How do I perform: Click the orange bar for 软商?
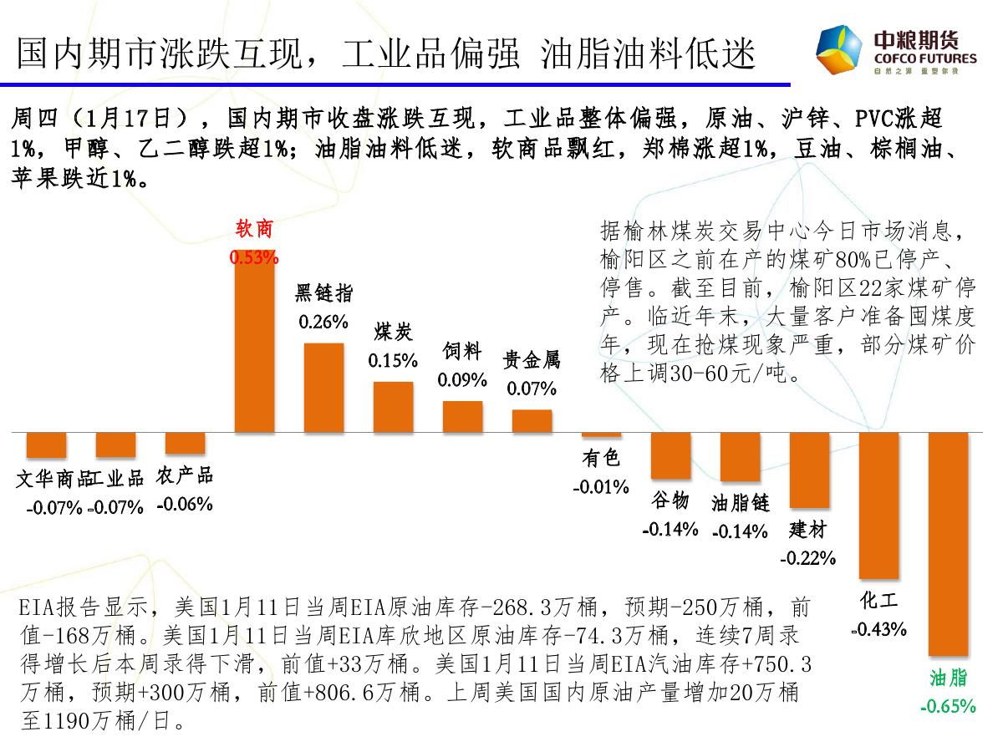click(254, 343)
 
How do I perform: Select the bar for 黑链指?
click(323, 388)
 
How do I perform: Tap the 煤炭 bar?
click(393, 407)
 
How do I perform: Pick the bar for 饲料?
click(462, 417)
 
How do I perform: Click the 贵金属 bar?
click(532, 421)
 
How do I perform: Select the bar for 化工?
click(879, 506)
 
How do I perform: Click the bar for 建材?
click(809, 470)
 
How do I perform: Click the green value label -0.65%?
click(948, 706)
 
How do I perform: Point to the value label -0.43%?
click(878, 629)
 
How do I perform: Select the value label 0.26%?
click(323, 322)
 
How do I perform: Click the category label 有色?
click(601, 457)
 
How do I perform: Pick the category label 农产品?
click(185, 475)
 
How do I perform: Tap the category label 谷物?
click(670, 500)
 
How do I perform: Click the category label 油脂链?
click(740, 502)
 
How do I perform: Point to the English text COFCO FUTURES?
click(924, 59)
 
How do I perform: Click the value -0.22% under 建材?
click(808, 558)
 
